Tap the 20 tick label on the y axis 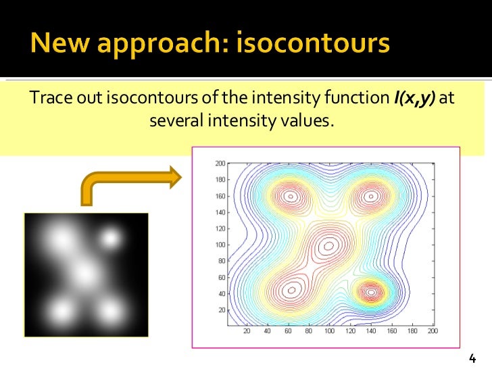(x=221, y=309)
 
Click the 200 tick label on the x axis (x=432, y=332)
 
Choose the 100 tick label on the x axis (x=329, y=332)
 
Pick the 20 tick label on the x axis (x=247, y=332)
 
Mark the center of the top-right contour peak (x=370, y=197)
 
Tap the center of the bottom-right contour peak (x=370, y=293)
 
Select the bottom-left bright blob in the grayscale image (x=61, y=312)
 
